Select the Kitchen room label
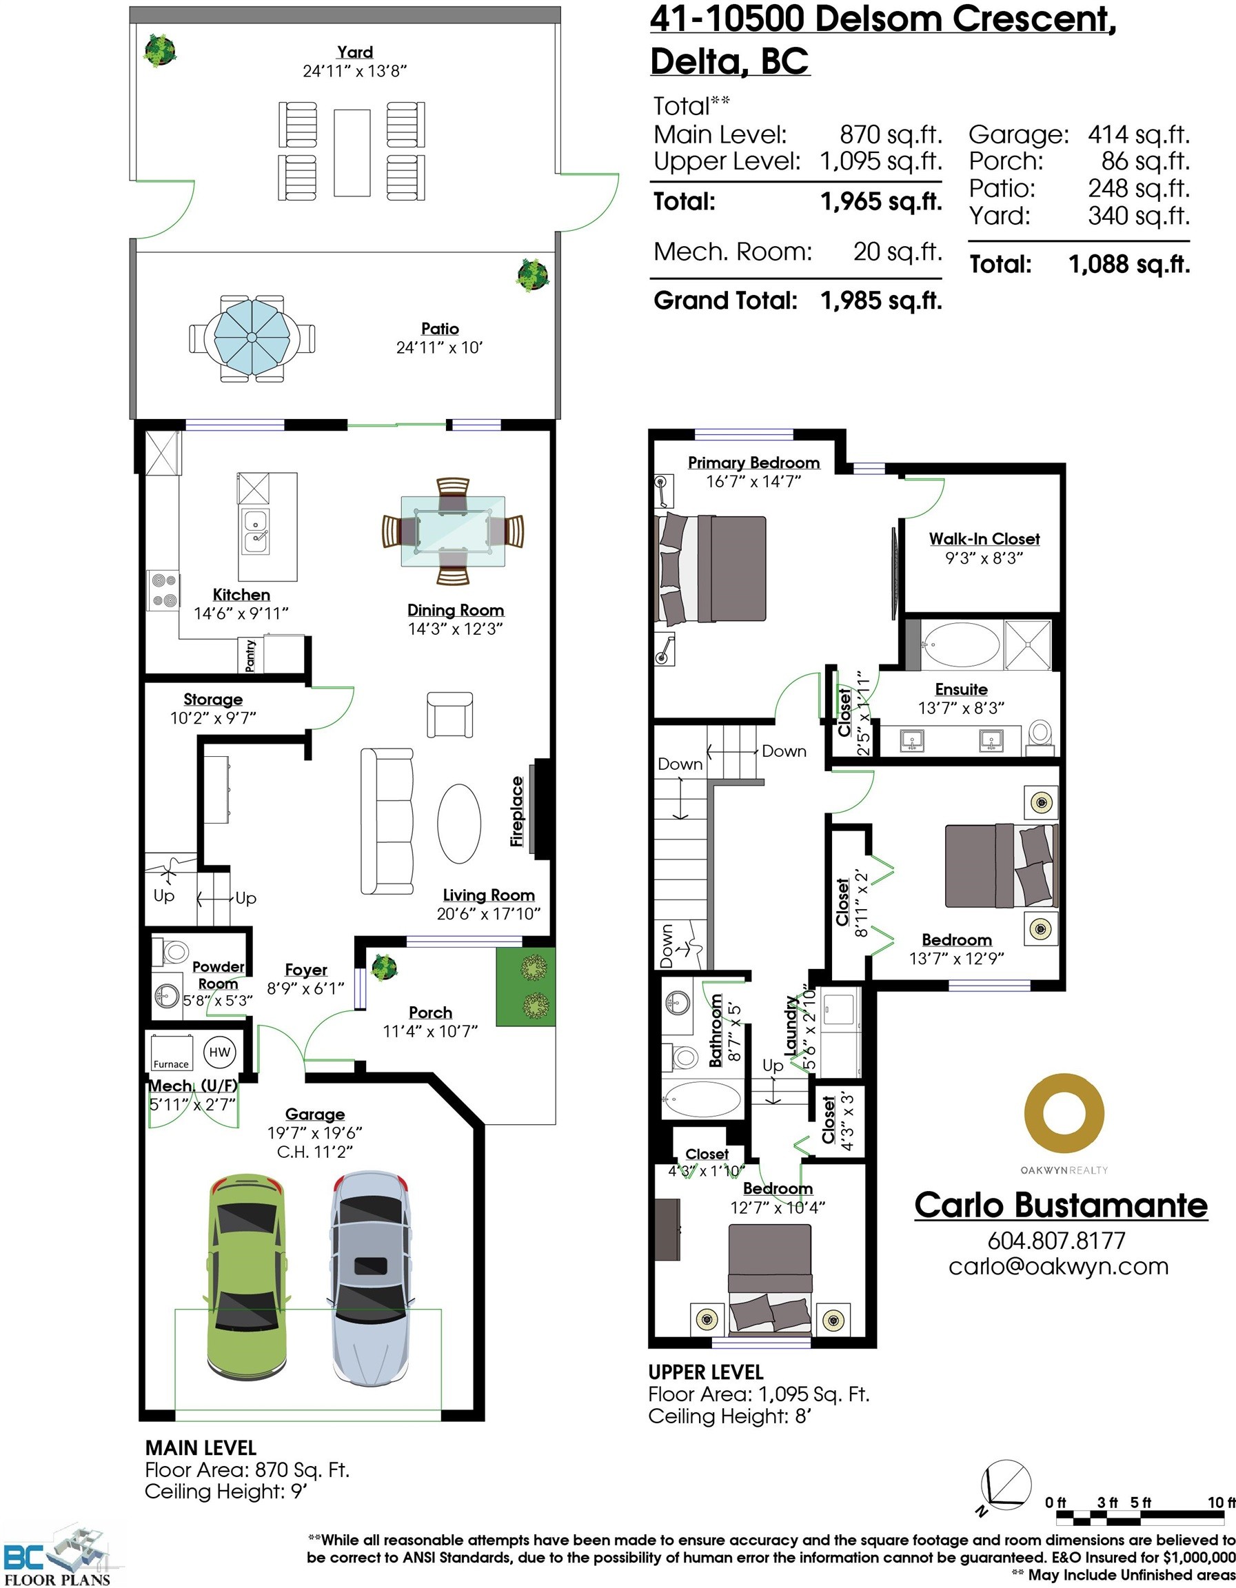(x=241, y=595)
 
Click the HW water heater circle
(x=220, y=1052)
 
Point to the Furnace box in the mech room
(x=171, y=1053)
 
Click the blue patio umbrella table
(x=252, y=337)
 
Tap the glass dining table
(x=453, y=531)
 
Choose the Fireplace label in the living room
(x=517, y=811)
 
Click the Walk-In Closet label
(x=984, y=539)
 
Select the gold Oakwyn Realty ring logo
(x=1064, y=1114)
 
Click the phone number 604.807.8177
(x=1056, y=1240)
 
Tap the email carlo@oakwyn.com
(x=1059, y=1266)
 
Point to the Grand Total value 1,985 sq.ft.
(x=881, y=301)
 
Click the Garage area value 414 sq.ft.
(x=1139, y=134)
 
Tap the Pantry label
(x=251, y=655)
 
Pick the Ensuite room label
(x=961, y=689)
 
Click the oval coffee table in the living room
(x=459, y=823)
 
